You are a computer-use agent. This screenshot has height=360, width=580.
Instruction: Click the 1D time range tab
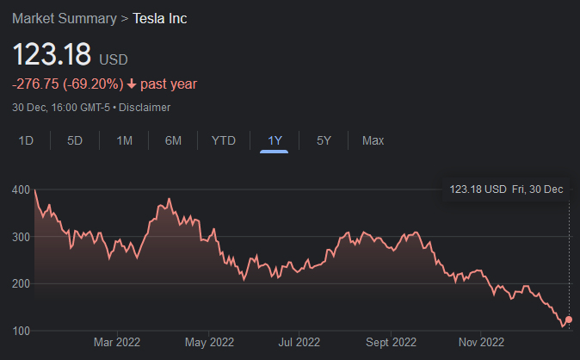tap(26, 140)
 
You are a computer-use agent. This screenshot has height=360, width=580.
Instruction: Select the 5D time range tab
tap(75, 140)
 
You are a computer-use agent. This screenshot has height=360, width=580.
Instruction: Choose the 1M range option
tap(125, 140)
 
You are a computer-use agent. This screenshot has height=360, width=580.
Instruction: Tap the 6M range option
tap(173, 140)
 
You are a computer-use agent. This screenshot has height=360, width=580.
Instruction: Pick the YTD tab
tap(224, 140)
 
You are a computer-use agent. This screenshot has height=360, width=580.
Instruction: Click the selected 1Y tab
tap(275, 140)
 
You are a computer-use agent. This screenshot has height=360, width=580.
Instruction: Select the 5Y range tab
tap(324, 140)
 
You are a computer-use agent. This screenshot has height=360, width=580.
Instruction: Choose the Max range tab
tap(373, 140)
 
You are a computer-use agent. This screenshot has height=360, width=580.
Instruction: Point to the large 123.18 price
tap(51, 54)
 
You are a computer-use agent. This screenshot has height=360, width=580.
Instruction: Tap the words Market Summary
tap(65, 18)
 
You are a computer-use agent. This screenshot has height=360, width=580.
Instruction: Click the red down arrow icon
tap(131, 84)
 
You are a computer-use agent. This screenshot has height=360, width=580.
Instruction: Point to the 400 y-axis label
tap(22, 190)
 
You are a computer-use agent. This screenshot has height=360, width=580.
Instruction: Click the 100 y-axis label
tap(22, 331)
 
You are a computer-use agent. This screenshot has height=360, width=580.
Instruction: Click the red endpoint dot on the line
tap(568, 320)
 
